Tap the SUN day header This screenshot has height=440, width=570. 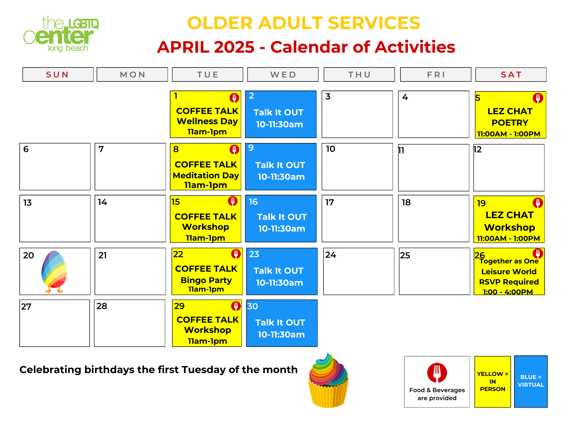click(x=58, y=75)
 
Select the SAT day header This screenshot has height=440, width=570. click(x=511, y=75)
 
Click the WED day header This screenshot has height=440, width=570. click(x=283, y=75)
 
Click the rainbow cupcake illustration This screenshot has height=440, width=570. click(x=328, y=380)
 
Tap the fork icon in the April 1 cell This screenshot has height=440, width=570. click(x=234, y=98)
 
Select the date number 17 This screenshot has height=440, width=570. click(x=329, y=202)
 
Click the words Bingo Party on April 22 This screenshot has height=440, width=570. click(x=206, y=280)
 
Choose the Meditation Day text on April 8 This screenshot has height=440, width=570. click(x=206, y=175)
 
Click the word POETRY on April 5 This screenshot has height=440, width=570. click(x=510, y=122)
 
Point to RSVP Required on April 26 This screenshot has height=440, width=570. click(x=509, y=282)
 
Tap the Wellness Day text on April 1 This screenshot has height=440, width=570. click(x=207, y=121)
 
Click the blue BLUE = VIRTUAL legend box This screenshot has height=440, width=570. click(x=531, y=381)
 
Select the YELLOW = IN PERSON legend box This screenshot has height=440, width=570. click(x=492, y=382)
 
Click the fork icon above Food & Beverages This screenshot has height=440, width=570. click(x=437, y=373)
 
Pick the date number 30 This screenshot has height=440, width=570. click(x=253, y=306)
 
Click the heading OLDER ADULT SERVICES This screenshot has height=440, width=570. click(x=304, y=23)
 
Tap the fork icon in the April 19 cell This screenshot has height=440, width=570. click(x=538, y=203)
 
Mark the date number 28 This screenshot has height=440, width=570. click(x=102, y=306)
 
